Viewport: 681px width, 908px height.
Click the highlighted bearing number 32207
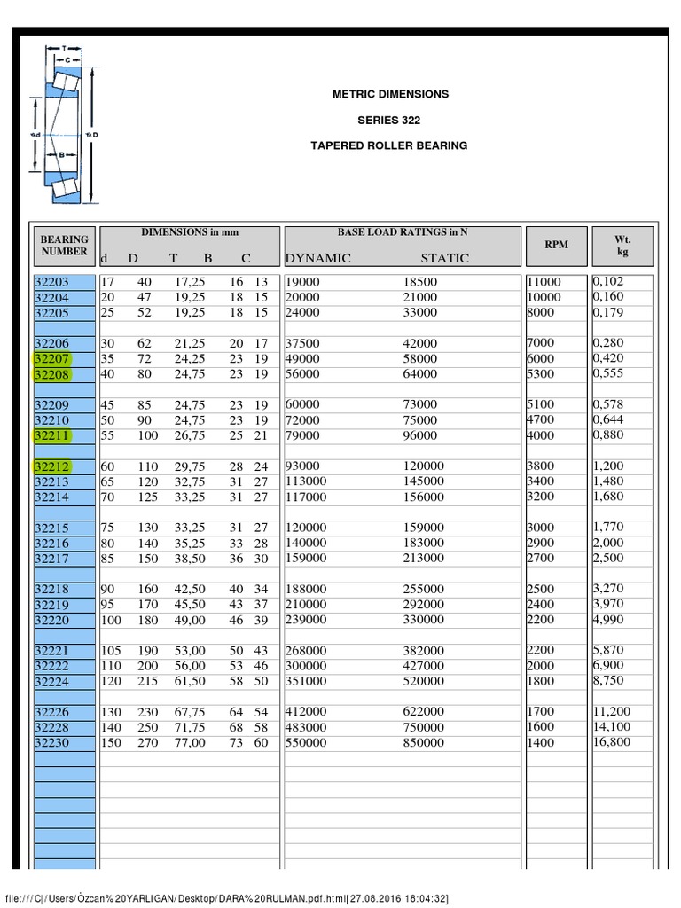pos(51,359)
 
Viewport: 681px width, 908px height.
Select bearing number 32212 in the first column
pos(51,466)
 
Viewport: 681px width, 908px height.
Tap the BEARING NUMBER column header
pos(64,245)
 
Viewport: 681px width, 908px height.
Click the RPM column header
pos(557,245)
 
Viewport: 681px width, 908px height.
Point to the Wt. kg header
pos(622,246)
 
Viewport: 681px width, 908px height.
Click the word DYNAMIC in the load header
pos(317,259)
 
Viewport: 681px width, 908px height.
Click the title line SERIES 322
pos(389,120)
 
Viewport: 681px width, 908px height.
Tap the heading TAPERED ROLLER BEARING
pos(389,145)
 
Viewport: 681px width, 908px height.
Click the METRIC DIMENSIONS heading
pos(389,94)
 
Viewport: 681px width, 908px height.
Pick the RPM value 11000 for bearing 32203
pos(544,282)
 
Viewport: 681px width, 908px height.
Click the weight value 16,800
pos(612,742)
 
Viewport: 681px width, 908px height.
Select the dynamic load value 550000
pos(306,743)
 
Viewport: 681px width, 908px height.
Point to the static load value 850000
pos(424,743)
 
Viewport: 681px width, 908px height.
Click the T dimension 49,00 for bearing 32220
pos(187,620)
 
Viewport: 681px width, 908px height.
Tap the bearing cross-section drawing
pos(60,121)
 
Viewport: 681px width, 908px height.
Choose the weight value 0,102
pos(608,281)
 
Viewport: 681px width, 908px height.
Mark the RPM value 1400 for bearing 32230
pos(540,742)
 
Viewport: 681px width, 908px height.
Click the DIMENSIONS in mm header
pos(190,232)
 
